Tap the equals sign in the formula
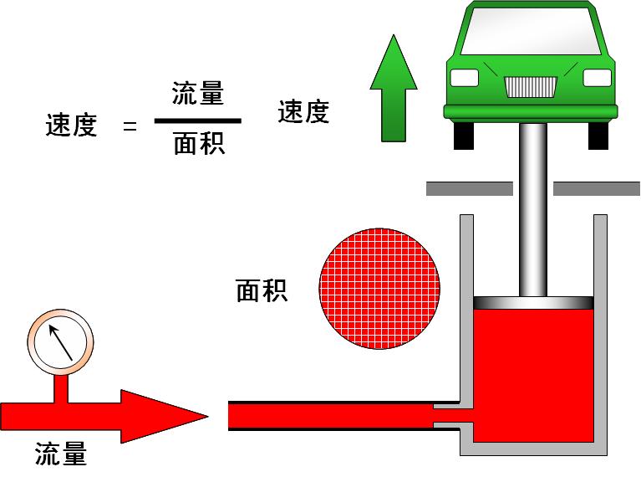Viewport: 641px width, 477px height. coord(129,127)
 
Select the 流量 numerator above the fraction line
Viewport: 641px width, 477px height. coord(198,93)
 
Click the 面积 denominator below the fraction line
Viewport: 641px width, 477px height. coord(198,145)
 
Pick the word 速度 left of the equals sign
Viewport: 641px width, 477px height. coord(71,126)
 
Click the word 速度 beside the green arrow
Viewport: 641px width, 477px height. coord(303,112)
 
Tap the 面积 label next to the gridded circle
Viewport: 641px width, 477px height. coord(262,291)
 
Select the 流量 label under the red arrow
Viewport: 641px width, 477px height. coord(61,454)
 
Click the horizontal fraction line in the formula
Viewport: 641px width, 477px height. coord(198,121)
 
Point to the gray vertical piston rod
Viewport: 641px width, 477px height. coord(532,209)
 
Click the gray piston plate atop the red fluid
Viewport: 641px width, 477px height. coord(533,302)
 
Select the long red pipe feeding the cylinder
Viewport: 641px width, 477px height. coord(330,416)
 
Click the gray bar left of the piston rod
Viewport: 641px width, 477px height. coord(468,188)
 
